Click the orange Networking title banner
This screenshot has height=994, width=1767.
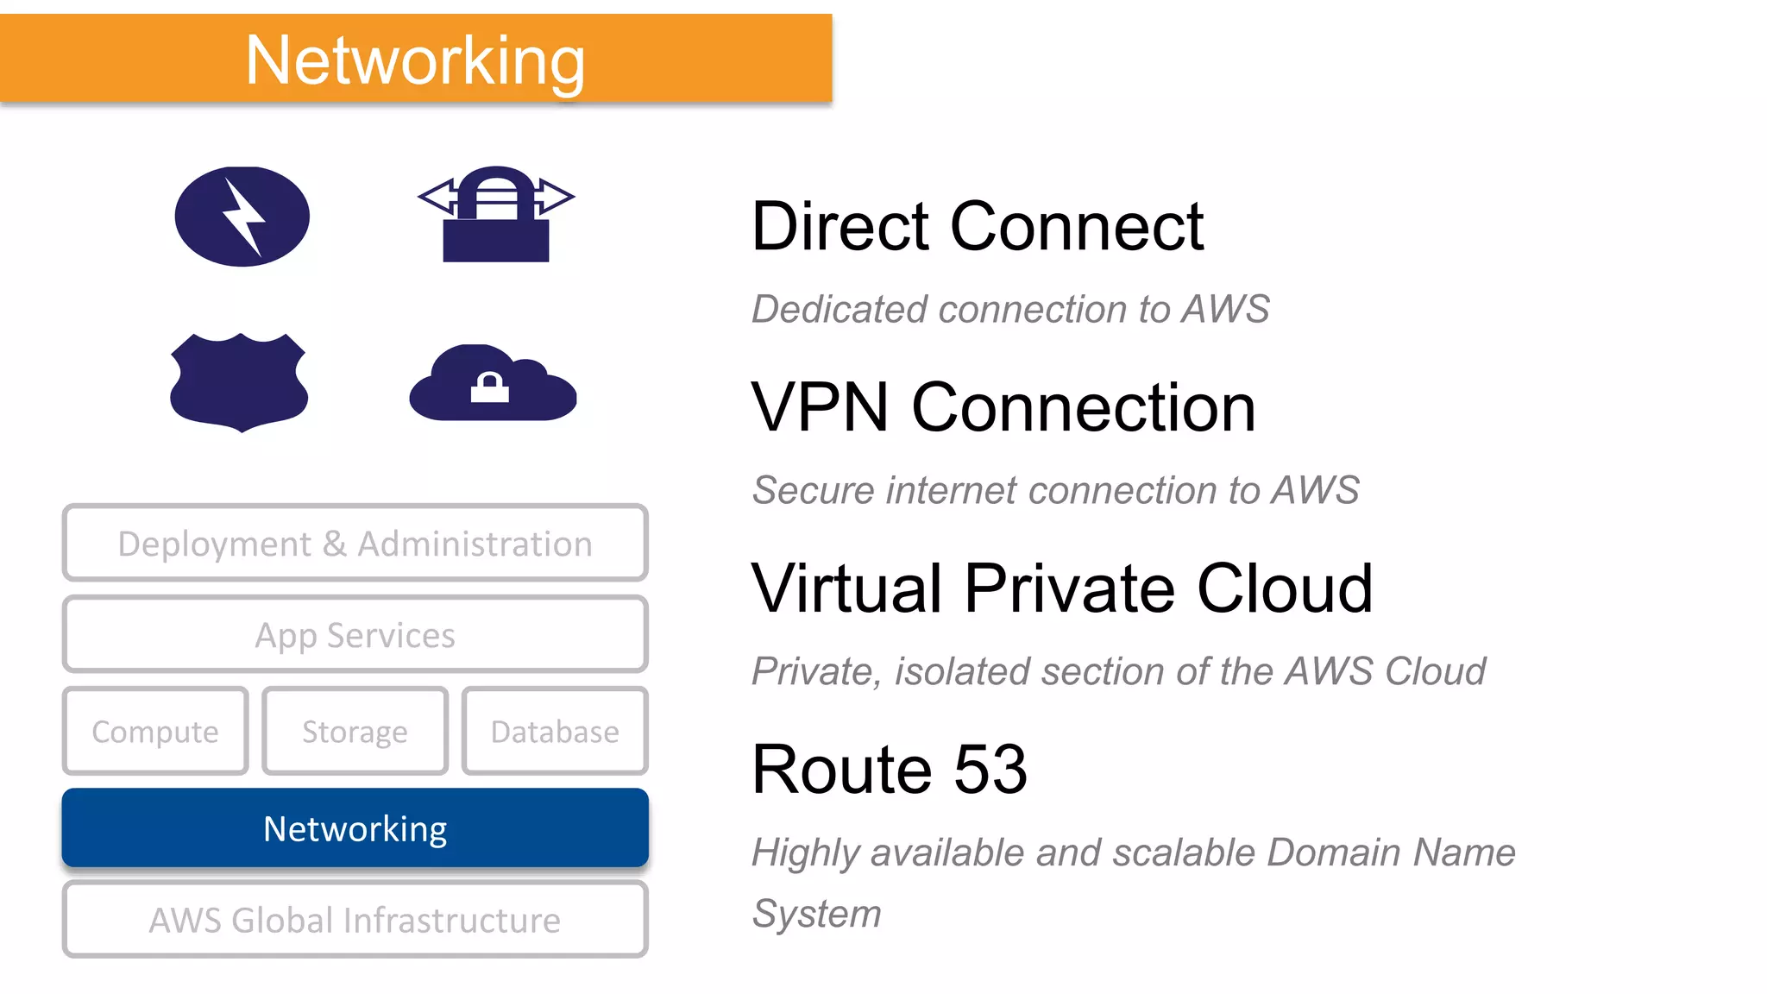click(x=416, y=59)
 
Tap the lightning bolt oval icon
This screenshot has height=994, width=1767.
click(x=242, y=216)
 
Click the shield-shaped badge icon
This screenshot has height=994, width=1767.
click(x=239, y=381)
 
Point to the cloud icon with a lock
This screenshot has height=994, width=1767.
click(x=493, y=384)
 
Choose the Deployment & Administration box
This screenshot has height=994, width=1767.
click(x=355, y=543)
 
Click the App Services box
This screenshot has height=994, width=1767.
click(x=355, y=634)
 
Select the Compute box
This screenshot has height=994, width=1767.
click(x=155, y=731)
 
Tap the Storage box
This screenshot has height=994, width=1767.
click(x=355, y=731)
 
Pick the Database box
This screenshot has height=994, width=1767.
click(x=555, y=731)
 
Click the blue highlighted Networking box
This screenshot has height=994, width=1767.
click(x=355, y=827)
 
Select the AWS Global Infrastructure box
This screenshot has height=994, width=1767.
click(x=355, y=919)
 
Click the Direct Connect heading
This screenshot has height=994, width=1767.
click(x=977, y=226)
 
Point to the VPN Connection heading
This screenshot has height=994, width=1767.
click(x=1003, y=407)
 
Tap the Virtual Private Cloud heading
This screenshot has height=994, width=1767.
click(x=1061, y=588)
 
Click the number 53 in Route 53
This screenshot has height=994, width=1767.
click(x=990, y=769)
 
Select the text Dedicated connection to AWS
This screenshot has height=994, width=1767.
click(x=1010, y=309)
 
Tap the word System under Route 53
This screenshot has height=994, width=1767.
click(x=816, y=914)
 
